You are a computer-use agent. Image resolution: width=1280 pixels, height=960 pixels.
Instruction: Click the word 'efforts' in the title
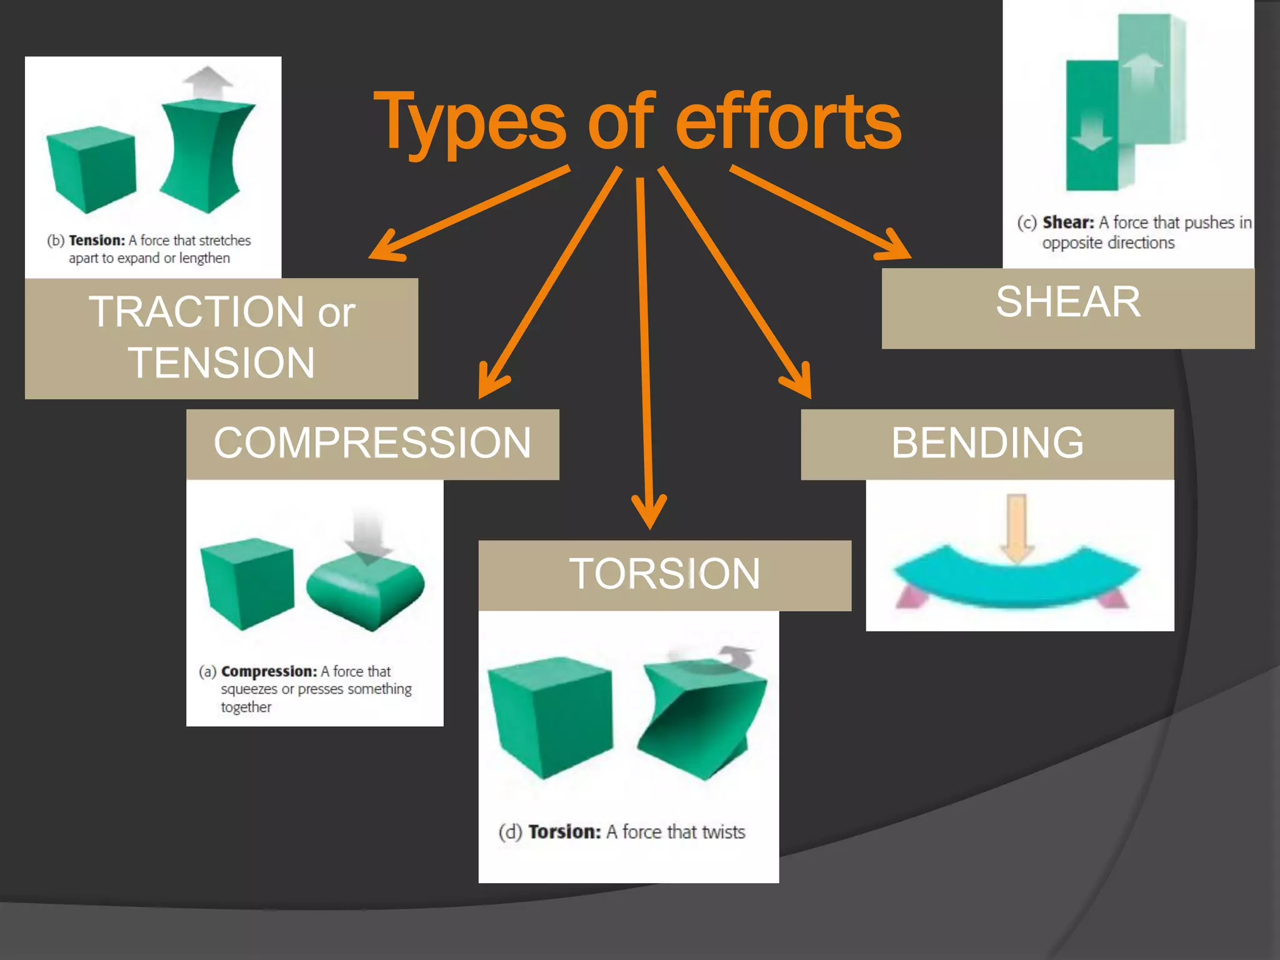click(x=789, y=122)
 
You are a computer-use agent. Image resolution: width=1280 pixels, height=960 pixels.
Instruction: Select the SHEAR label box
click(x=1067, y=308)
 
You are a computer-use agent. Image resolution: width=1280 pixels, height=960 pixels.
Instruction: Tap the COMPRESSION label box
click(x=372, y=444)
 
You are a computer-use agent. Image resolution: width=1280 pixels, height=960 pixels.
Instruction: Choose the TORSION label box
click(x=664, y=575)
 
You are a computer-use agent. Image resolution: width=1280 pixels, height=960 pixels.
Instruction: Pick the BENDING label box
click(x=987, y=444)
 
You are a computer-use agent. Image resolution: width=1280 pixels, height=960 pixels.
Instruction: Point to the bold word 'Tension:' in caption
click(x=97, y=241)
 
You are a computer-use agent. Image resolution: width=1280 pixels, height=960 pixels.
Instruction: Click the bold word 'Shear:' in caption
click(x=1068, y=222)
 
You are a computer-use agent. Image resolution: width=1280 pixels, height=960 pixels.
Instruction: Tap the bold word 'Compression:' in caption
click(x=269, y=671)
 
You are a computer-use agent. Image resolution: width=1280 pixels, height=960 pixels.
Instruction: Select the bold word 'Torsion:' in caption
click(x=564, y=832)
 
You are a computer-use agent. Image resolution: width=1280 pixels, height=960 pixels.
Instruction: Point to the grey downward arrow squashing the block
click(x=368, y=534)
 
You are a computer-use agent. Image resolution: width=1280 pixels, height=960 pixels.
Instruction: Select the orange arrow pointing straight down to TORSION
click(x=646, y=350)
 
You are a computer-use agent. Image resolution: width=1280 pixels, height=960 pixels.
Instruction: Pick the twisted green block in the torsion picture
click(x=701, y=719)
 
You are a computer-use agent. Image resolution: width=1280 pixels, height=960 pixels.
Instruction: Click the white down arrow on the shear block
click(x=1091, y=131)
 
